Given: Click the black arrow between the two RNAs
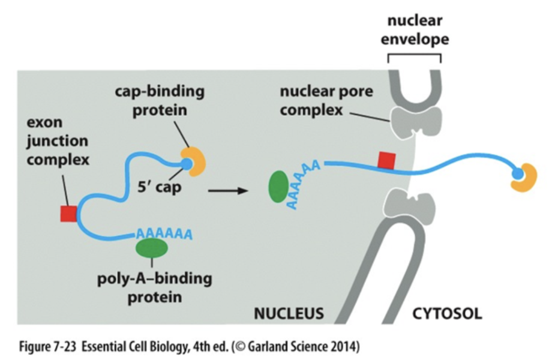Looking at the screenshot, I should (x=227, y=191).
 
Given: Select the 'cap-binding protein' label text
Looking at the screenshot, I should (x=160, y=100).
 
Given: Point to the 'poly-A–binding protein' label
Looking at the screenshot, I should (x=154, y=287).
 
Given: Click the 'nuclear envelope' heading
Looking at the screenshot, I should (x=415, y=30).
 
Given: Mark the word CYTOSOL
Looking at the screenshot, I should (x=447, y=313).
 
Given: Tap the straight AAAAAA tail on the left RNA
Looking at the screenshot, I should (x=164, y=234).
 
